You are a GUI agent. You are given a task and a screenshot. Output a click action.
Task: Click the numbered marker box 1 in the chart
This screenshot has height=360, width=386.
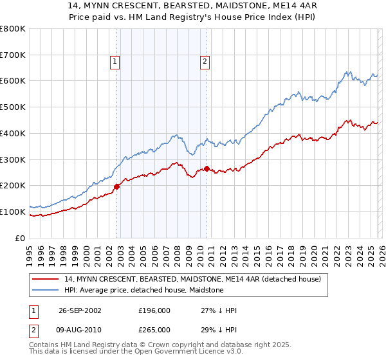[114, 62]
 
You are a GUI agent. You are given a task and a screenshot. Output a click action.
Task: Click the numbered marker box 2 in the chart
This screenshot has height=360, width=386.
[204, 62]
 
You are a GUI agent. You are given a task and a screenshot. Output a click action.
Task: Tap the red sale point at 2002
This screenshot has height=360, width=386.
[117, 186]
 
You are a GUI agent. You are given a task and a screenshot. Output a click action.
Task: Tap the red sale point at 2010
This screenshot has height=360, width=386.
[207, 168]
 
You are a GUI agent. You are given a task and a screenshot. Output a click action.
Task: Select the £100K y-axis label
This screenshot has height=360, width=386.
[13, 212]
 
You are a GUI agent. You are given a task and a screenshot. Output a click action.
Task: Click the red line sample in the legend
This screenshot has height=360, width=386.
[45, 279]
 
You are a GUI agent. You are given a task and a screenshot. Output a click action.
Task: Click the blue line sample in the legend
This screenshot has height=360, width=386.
[45, 290]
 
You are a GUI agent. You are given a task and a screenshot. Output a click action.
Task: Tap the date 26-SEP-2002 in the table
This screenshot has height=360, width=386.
[79, 310]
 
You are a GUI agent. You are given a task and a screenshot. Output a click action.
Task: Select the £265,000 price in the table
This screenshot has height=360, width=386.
[154, 329]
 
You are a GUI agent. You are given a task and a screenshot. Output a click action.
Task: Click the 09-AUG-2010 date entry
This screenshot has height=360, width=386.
[79, 329]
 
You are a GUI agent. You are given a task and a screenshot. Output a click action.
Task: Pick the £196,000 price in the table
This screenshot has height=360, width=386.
[154, 310]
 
